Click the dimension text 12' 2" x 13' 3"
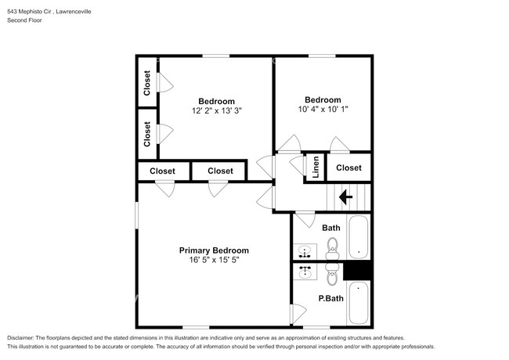(216, 111)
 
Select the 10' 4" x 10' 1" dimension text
(323, 110)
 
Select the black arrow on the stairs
(345, 197)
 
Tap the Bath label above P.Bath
(330, 228)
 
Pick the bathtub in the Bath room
(358, 238)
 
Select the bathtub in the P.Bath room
(358, 304)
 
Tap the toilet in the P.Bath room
(331, 273)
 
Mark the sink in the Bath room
(304, 252)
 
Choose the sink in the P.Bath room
(304, 272)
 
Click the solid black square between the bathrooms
(356, 269)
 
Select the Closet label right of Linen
(348, 167)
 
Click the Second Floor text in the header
(24, 20)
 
